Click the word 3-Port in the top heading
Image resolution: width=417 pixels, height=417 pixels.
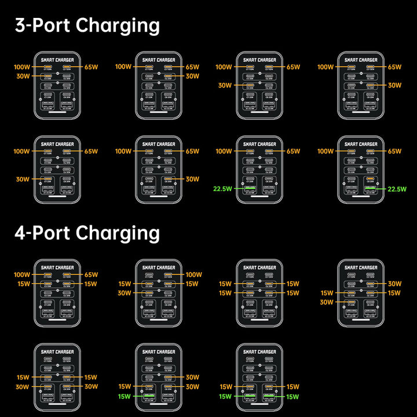click(42, 25)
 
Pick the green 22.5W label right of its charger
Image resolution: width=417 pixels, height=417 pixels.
click(397, 189)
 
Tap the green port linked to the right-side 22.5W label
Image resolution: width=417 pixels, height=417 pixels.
click(370, 189)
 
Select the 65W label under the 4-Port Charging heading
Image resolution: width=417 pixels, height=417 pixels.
click(91, 275)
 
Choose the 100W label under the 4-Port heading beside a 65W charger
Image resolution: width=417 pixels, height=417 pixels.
click(22, 275)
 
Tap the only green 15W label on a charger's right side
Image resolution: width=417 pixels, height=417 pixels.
click(292, 397)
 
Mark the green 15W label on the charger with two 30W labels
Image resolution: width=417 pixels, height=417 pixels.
click(125, 397)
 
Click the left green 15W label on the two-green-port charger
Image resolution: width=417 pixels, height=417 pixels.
click(226, 397)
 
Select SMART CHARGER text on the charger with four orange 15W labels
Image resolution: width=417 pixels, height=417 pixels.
click(259, 268)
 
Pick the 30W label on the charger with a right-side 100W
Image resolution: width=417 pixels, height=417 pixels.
click(125, 293)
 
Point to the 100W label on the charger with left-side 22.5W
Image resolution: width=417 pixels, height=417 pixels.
click(224, 151)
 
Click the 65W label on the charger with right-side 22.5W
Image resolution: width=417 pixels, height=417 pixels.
click(394, 151)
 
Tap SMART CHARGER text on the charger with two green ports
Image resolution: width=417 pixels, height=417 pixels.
click(259, 352)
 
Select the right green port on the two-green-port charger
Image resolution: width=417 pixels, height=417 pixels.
click(269, 397)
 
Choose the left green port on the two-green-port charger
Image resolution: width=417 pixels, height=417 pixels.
click(250, 397)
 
